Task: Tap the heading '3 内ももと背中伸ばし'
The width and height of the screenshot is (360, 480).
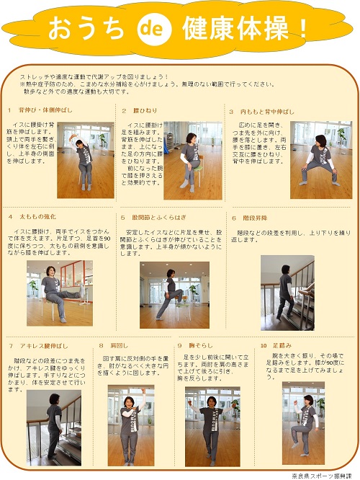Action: point(262,111)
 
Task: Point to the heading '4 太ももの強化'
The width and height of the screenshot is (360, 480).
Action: point(32,216)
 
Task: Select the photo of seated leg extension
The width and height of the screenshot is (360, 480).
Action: point(59,293)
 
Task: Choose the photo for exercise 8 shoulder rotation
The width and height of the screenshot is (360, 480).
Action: point(130,425)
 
